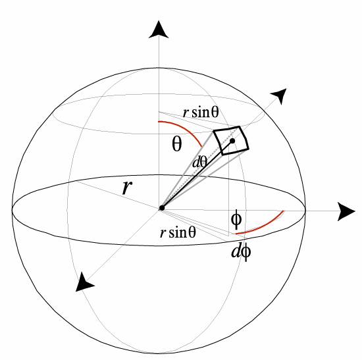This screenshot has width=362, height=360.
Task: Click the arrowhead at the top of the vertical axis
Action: tap(159, 30)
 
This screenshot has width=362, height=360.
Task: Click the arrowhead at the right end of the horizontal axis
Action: tap(346, 211)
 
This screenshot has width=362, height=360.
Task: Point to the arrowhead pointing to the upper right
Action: tap(280, 95)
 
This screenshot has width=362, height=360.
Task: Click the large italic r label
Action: tap(127, 187)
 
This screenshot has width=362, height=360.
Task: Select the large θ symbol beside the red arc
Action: tap(177, 143)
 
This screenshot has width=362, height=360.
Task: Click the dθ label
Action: tap(199, 162)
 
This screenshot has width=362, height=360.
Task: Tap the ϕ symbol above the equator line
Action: tap(236, 219)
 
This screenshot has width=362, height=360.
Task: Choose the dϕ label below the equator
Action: tap(240, 251)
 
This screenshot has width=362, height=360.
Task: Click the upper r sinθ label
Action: tap(200, 113)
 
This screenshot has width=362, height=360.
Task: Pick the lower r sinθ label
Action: tap(178, 232)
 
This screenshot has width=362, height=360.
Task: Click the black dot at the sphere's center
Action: tap(162, 208)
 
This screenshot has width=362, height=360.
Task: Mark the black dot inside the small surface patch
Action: tap(232, 141)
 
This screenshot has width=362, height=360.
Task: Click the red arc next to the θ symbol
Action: tap(185, 128)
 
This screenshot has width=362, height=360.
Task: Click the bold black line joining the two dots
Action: tap(197, 174)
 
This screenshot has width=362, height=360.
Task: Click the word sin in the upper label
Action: tap(201, 113)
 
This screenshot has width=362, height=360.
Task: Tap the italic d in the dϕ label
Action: tap(236, 251)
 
